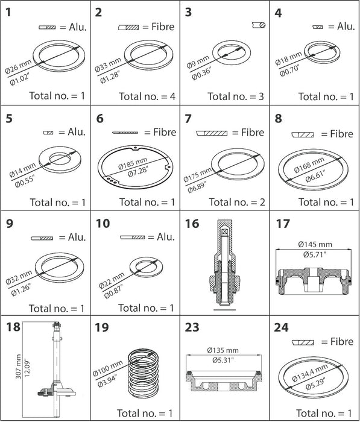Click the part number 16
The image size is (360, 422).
click(192, 224)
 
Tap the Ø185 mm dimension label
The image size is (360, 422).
click(133, 163)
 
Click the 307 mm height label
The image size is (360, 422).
click(18, 367)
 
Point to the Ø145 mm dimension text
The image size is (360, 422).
click(315, 244)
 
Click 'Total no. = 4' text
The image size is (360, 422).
click(147, 96)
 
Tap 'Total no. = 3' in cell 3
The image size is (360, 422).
click(236, 96)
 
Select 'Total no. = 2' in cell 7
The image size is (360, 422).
click(237, 202)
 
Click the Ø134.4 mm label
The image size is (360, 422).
click(310, 373)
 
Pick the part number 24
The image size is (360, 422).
click(282, 327)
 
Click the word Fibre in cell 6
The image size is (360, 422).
click(165, 132)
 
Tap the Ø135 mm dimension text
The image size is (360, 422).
click(223, 350)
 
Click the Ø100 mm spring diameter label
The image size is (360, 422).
click(107, 368)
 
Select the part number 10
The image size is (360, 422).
click(103, 224)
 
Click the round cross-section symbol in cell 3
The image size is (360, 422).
click(259, 25)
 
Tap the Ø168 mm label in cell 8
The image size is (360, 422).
click(309, 165)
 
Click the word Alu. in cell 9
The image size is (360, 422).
click(77, 237)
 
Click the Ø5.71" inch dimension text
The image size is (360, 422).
click(315, 254)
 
